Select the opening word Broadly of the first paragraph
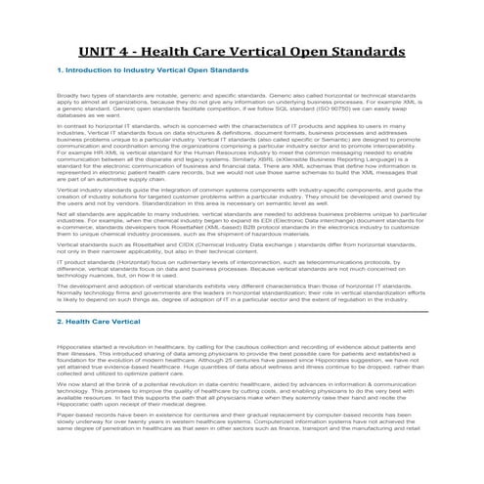pyautogui.click(x=67, y=95)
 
